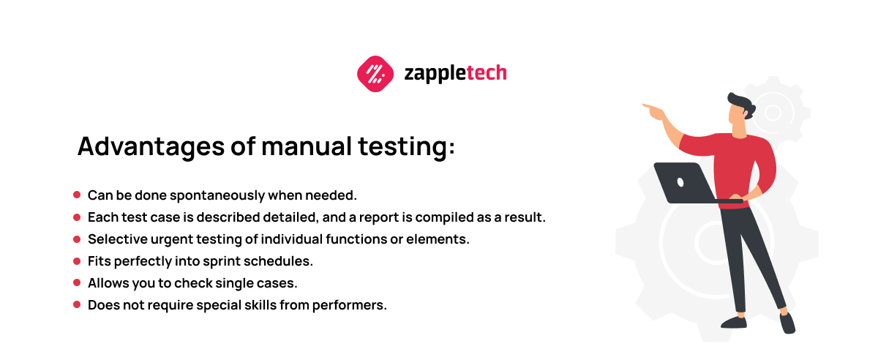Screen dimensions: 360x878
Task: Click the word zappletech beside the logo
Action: [455, 73]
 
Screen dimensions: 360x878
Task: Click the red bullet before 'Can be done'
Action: [77, 195]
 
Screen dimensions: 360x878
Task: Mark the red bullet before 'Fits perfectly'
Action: [77, 260]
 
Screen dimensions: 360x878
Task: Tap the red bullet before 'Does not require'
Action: [77, 304]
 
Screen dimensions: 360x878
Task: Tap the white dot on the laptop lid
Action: [680, 182]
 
